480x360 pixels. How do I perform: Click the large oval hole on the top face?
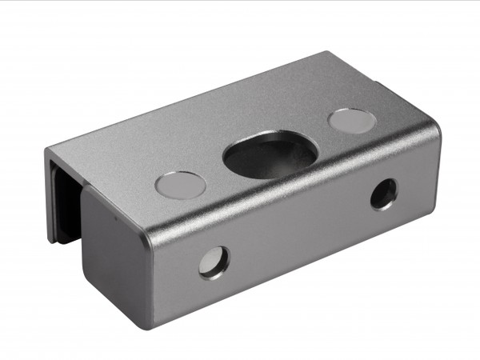pos(270,155)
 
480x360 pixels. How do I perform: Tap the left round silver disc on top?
pos(180,185)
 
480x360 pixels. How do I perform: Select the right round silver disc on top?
pos(352,121)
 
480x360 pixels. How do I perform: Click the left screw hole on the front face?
pos(214,262)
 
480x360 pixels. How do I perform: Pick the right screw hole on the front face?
pos(383,194)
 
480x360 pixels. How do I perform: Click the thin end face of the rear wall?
pos(50,192)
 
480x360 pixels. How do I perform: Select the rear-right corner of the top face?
pos(327,54)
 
